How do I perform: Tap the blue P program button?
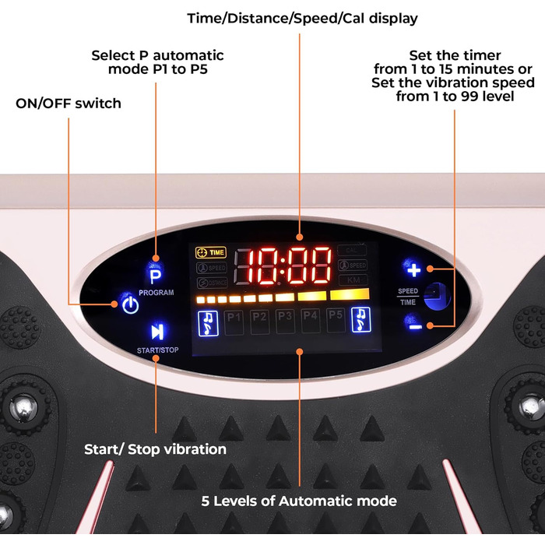156,275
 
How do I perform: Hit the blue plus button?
413,269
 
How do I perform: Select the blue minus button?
414,324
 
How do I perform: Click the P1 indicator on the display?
234,316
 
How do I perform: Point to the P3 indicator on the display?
285,316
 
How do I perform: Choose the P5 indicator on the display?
336,315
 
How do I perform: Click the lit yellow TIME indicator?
210,252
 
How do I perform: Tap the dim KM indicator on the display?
353,280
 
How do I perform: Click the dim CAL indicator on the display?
352,251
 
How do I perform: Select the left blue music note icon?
208,320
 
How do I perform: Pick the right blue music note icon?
361,319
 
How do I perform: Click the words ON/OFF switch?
69,103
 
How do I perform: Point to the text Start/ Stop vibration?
155,449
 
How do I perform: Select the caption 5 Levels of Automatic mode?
298,501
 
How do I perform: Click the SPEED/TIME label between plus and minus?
408,296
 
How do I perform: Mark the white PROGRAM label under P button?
156,293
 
